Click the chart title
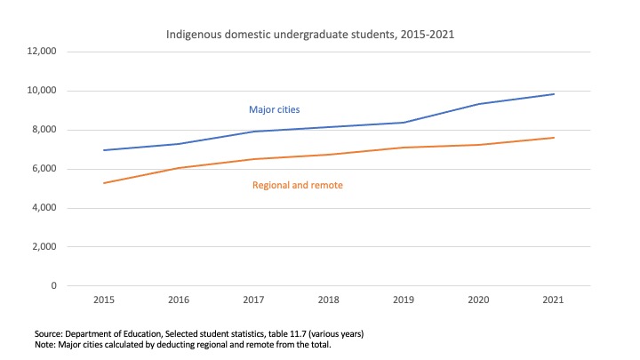(316, 35)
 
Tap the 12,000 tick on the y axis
(42, 52)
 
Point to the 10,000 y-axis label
(42, 91)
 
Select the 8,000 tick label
(44, 130)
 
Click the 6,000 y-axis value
(44, 169)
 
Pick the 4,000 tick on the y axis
(44, 208)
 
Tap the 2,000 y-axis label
(44, 247)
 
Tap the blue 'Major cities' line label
(274, 109)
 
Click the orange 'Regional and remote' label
(298, 185)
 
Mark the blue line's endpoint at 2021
(554, 94)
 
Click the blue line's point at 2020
(479, 104)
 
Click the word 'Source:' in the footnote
(50, 333)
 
